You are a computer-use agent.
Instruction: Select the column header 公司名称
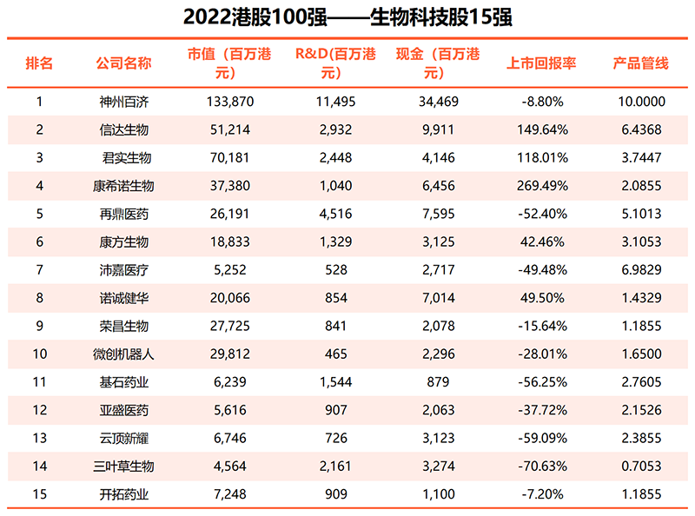point(123,63)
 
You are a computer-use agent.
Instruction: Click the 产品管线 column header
point(640,63)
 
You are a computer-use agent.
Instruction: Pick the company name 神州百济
point(123,101)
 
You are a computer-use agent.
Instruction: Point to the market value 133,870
point(230,101)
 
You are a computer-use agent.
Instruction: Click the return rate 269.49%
point(546,186)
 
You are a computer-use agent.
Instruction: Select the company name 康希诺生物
point(123,186)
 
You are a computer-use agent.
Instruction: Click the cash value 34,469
point(439,101)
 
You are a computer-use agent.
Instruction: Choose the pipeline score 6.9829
point(640,270)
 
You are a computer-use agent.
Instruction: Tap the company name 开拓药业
point(123,494)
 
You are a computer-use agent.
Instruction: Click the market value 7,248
point(230,494)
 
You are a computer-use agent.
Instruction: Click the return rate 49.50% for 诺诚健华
point(546,298)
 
